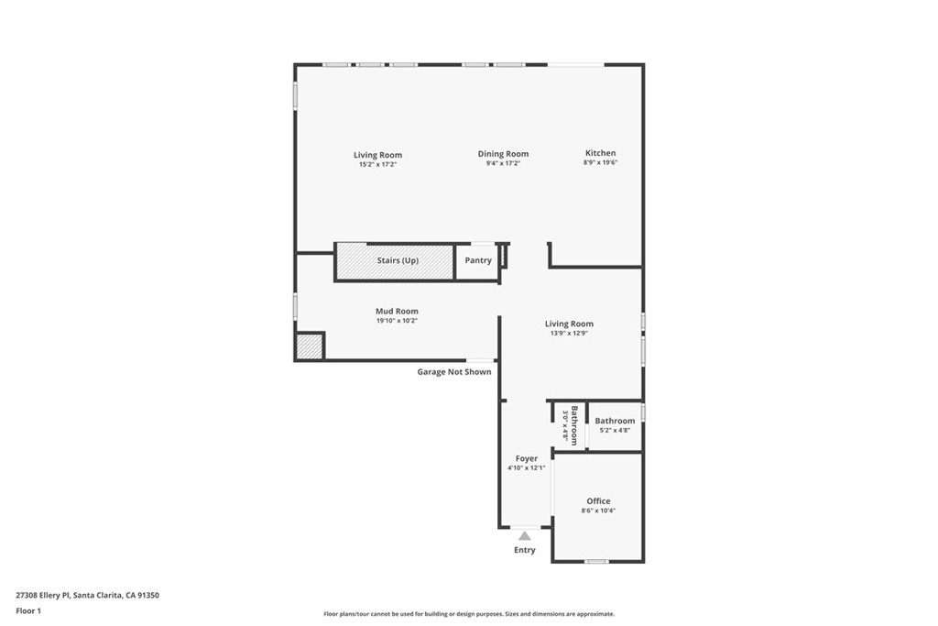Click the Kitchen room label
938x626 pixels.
600,153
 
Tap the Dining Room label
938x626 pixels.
503,154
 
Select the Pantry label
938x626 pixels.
477,260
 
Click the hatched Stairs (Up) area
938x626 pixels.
395,261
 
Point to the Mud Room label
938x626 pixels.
397,312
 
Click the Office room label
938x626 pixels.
598,501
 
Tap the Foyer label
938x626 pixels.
526,458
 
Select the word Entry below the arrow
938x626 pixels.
525,550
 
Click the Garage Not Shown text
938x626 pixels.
454,372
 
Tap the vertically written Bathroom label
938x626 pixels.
574,424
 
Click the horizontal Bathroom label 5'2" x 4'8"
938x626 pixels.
615,421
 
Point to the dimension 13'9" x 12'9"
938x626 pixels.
569,334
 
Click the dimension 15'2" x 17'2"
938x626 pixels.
377,164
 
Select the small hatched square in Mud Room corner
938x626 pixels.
309,346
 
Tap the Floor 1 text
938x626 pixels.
28,610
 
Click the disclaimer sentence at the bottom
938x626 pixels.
468,614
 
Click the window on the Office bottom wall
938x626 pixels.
596,561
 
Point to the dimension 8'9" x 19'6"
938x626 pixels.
600,163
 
